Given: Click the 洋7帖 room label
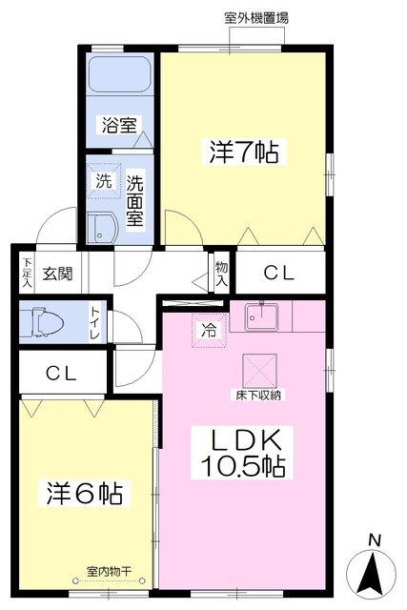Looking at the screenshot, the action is click(244, 152).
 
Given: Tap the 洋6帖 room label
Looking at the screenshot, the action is click(85, 493).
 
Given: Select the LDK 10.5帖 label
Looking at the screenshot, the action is click(242, 453).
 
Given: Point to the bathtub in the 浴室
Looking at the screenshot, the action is click(119, 74).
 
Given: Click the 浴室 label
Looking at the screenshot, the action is click(119, 125).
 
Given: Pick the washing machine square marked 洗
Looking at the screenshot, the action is click(104, 181).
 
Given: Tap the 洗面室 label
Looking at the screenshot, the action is click(134, 200).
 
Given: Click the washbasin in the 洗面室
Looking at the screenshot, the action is click(102, 229).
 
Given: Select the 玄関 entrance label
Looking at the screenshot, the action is click(57, 274).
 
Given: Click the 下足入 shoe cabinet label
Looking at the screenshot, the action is click(27, 273).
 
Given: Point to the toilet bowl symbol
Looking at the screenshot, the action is click(42, 322).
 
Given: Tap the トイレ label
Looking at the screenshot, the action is click(95, 323).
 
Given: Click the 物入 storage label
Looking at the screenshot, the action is click(221, 274).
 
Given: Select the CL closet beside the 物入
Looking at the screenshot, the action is click(279, 274).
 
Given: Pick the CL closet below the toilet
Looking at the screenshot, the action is click(61, 374).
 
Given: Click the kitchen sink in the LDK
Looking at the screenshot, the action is click(261, 317).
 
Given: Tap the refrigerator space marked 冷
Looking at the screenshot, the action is click(209, 331).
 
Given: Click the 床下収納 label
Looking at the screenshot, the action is click(258, 396).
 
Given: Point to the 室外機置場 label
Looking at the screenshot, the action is click(256, 18).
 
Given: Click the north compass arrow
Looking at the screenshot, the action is click(372, 573).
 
